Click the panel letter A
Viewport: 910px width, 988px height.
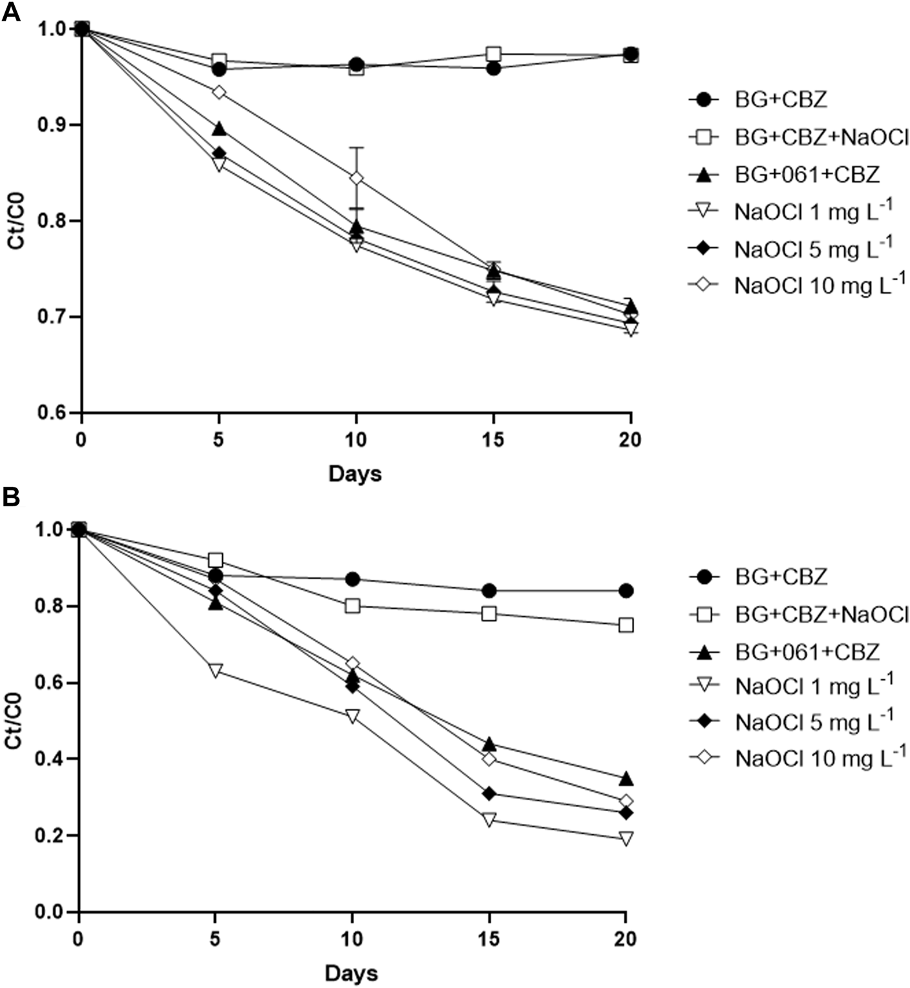tap(11, 13)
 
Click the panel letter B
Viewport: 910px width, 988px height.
tap(11, 497)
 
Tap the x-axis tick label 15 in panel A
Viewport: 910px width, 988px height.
tap(493, 440)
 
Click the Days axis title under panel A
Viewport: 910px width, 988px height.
tap(355, 473)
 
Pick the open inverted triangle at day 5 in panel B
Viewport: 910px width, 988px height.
tap(215, 670)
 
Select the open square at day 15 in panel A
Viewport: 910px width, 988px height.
tap(494, 54)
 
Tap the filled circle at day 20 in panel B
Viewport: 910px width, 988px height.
tap(626, 590)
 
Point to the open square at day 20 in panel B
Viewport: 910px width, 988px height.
tap(626, 625)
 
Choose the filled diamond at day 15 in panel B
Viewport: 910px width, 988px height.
tap(489, 793)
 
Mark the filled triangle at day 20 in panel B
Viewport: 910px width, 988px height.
tap(626, 778)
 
